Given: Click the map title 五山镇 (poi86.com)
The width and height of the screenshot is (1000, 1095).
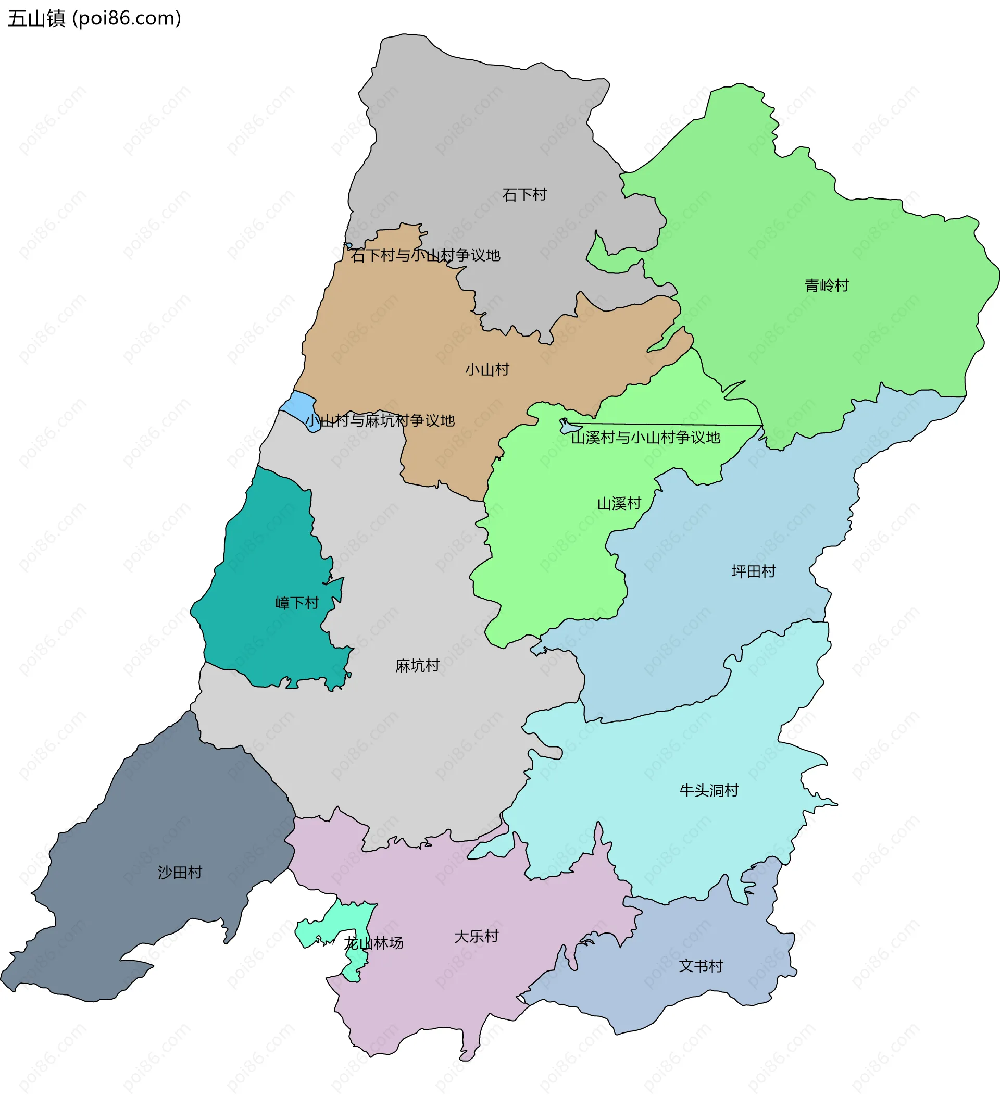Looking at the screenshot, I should click(94, 18).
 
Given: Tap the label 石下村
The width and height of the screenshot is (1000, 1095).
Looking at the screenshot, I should click(524, 194).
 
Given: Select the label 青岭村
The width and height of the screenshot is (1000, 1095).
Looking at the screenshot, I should click(826, 285).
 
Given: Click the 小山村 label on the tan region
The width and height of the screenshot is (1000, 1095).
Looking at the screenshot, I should click(487, 370).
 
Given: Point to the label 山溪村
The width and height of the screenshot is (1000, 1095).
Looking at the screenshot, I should click(619, 504).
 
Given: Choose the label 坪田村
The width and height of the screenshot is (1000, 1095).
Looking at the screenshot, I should click(754, 571).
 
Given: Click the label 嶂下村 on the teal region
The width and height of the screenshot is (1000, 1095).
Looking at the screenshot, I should click(296, 603).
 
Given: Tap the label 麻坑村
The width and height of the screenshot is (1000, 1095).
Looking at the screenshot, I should click(417, 665).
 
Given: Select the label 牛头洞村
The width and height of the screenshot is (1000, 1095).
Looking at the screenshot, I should click(709, 790).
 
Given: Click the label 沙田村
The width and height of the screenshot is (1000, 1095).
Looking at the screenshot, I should click(180, 873).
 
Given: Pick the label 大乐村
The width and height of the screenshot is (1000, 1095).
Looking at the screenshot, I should click(476, 937).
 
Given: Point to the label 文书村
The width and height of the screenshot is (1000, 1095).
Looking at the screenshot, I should click(701, 966).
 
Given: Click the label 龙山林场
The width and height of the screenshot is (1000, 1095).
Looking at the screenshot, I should click(374, 943).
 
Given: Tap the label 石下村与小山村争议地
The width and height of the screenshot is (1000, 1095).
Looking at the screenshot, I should click(426, 255).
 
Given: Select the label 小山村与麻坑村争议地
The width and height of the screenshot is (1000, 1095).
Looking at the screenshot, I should click(380, 420).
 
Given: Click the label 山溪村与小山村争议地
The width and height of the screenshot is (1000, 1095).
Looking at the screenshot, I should click(645, 437).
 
